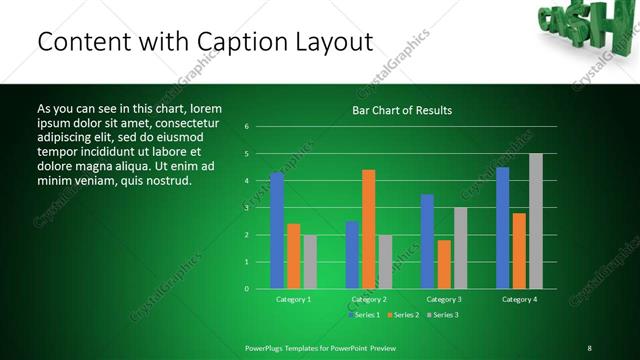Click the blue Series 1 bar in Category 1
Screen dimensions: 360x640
pos(277,231)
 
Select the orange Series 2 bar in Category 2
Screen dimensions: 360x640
pos(368,229)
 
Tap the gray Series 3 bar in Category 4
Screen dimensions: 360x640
pos(536,221)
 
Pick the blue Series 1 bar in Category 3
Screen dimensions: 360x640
pos(427,241)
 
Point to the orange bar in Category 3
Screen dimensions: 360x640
pos(444,264)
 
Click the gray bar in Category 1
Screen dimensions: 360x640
pos(310,262)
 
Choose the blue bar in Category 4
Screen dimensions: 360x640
pos(502,228)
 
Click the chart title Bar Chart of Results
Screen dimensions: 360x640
pos(402,110)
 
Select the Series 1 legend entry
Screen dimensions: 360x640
pos(363,315)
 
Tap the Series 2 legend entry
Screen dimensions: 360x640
pos(402,315)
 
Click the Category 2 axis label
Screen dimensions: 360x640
pos(369,299)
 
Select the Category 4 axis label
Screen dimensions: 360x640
pos(519,299)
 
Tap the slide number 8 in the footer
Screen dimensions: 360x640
pos(589,348)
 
